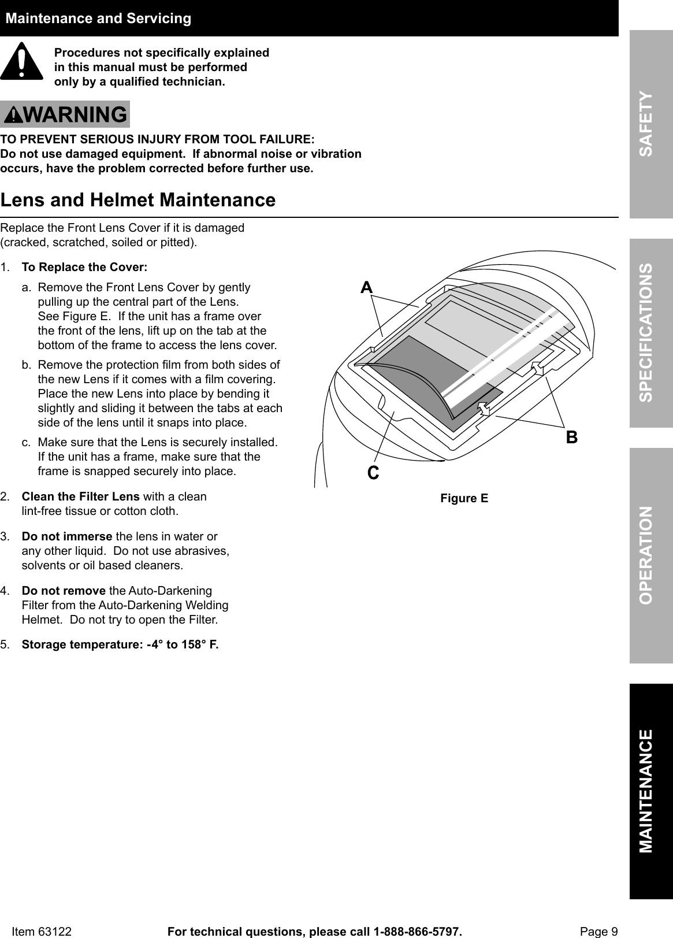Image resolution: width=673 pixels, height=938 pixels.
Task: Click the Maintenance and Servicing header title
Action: click(x=98, y=18)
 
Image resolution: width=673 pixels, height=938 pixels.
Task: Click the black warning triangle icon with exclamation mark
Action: click(x=21, y=61)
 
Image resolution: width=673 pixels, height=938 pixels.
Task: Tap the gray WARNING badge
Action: click(x=65, y=114)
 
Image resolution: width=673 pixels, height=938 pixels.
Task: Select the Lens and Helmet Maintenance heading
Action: click(x=138, y=200)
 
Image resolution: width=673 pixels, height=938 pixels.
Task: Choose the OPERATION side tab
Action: click(x=650, y=555)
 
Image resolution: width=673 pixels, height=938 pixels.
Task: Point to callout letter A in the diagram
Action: click(x=366, y=287)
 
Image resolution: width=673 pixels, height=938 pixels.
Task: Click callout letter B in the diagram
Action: click(x=571, y=438)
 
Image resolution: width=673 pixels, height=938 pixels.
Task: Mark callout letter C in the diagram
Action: click(x=373, y=473)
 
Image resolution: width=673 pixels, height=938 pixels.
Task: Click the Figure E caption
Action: click(x=464, y=498)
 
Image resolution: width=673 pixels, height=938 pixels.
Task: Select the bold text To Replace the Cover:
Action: click(x=84, y=268)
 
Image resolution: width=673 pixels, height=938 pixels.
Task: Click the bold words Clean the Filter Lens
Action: click(x=80, y=496)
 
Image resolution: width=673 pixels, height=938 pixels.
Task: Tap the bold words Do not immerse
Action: click(x=67, y=536)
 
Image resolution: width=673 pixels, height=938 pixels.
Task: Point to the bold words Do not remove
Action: click(x=64, y=591)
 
